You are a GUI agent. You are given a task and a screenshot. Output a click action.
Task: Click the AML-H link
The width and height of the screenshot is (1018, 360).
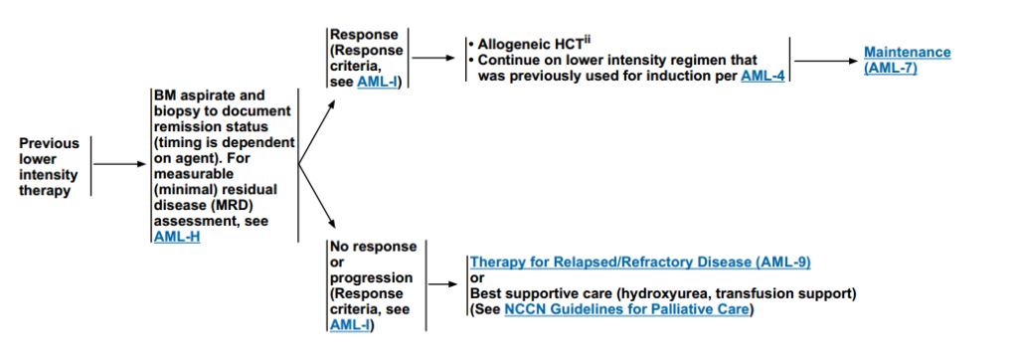[x=177, y=237]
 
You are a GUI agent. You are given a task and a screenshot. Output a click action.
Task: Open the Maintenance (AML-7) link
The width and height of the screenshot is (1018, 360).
[x=908, y=61]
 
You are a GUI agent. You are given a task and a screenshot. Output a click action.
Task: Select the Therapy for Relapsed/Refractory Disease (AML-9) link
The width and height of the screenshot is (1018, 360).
[x=640, y=263]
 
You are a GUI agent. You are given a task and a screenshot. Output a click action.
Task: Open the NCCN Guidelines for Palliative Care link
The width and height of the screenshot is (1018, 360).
[x=626, y=309]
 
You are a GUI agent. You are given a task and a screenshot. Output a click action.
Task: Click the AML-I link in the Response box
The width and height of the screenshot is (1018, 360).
[x=378, y=82]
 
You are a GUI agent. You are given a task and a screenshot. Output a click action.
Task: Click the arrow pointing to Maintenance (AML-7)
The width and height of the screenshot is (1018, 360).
[x=826, y=61]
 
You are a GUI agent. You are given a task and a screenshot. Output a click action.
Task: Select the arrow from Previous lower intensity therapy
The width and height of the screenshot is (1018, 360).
[x=120, y=164]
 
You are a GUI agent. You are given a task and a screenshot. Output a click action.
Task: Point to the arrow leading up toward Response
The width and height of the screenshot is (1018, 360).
[x=316, y=131]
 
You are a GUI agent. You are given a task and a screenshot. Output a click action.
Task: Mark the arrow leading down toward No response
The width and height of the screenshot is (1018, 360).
[x=316, y=196]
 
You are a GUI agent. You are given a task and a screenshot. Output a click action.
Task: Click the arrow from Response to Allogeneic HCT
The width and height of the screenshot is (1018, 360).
[x=433, y=58]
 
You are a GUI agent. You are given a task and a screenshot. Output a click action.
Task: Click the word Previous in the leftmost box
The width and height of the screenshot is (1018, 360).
[x=49, y=143]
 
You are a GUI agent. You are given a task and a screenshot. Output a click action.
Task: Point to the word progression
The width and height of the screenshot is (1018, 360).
[x=371, y=278]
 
